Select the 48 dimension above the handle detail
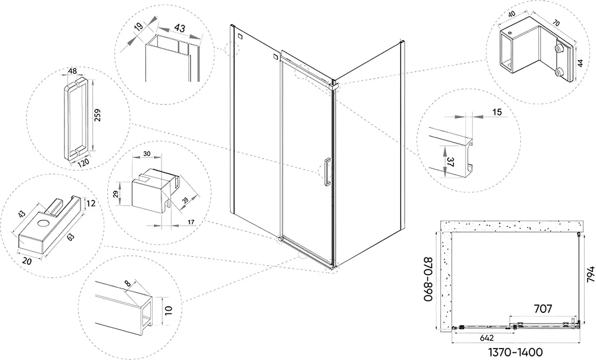click(73, 72)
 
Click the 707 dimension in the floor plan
click(542, 308)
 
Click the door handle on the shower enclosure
click(327, 172)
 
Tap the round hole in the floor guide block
click(44, 224)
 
